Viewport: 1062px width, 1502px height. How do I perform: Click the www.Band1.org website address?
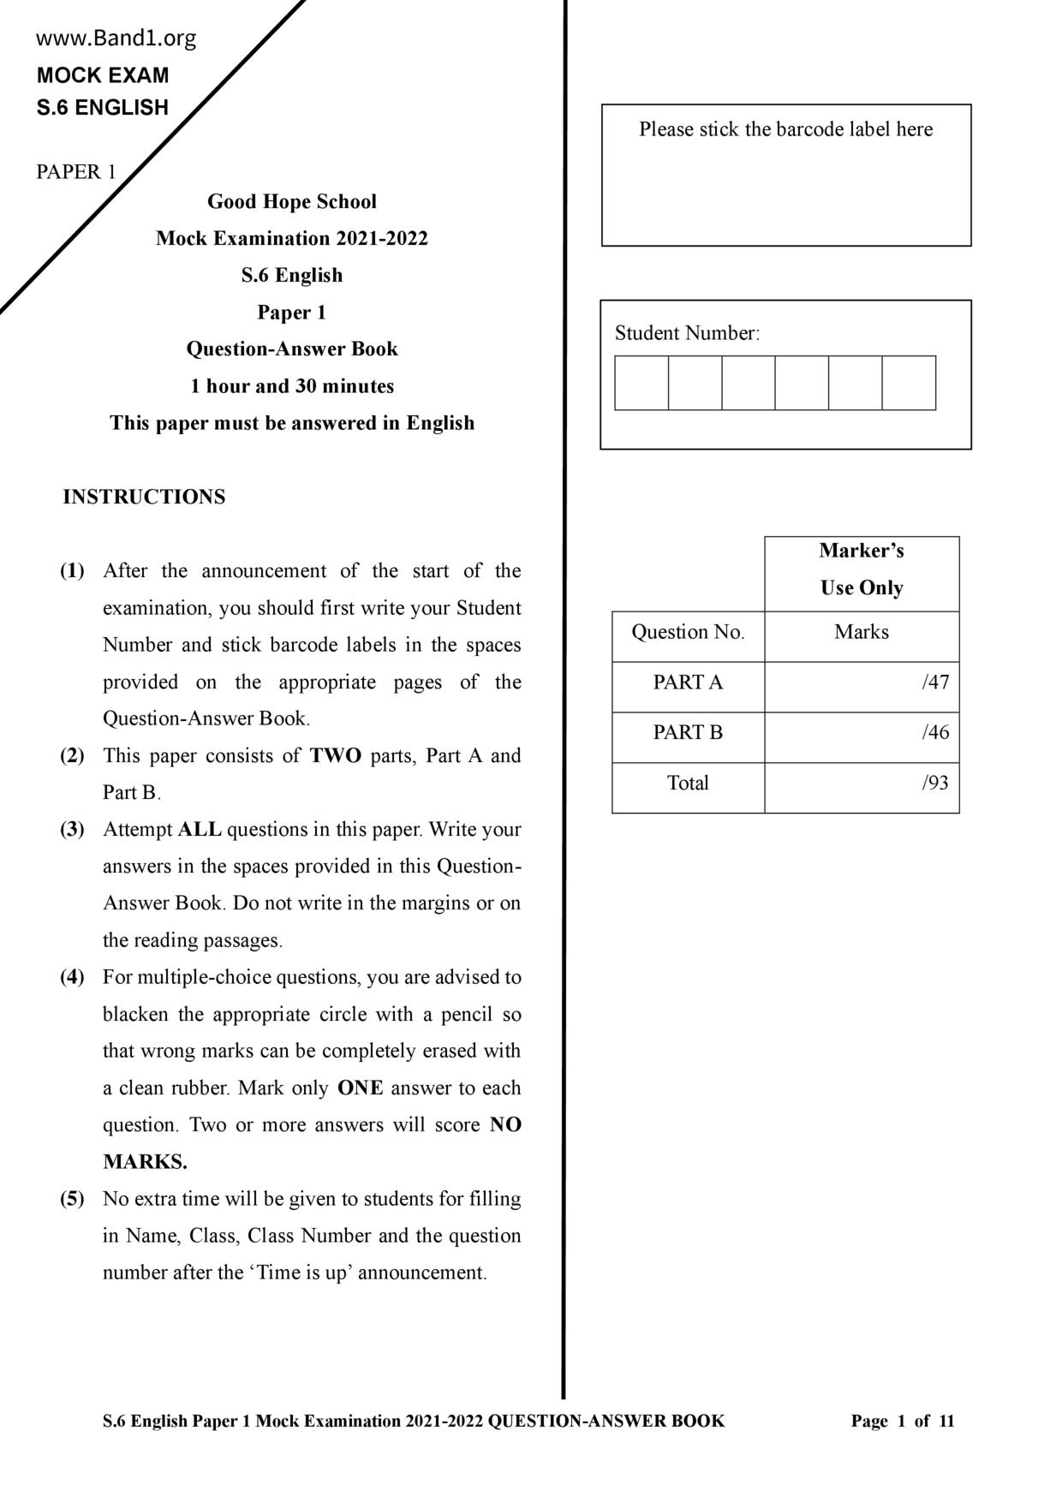pyautogui.click(x=116, y=39)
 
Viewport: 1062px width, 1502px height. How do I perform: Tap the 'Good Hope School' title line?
pyautogui.click(x=291, y=202)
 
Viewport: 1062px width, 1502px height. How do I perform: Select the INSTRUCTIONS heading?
pyautogui.click(x=144, y=498)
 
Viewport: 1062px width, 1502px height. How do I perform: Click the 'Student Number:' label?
pyautogui.click(x=687, y=333)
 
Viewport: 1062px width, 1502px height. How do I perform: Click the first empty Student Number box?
pyautogui.click(x=641, y=383)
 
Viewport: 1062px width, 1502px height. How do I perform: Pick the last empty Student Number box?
pyautogui.click(x=909, y=383)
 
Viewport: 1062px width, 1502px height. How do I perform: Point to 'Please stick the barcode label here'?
pyautogui.click(x=785, y=129)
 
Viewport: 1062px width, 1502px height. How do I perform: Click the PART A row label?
pyautogui.click(x=688, y=682)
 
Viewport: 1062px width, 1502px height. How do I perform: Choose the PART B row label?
pyautogui.click(x=688, y=733)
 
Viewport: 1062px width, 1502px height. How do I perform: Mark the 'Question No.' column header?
pyautogui.click(x=688, y=633)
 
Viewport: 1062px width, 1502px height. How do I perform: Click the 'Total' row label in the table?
pyautogui.click(x=688, y=783)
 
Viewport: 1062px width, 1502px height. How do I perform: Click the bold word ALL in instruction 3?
pyautogui.click(x=200, y=830)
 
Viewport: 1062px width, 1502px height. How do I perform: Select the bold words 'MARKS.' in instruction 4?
pyautogui.click(x=145, y=1162)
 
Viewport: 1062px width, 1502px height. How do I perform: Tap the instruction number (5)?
pyautogui.click(x=72, y=1199)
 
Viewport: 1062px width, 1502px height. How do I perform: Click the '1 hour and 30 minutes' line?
pyautogui.click(x=292, y=386)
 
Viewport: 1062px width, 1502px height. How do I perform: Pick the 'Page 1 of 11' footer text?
pyautogui.click(x=902, y=1422)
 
